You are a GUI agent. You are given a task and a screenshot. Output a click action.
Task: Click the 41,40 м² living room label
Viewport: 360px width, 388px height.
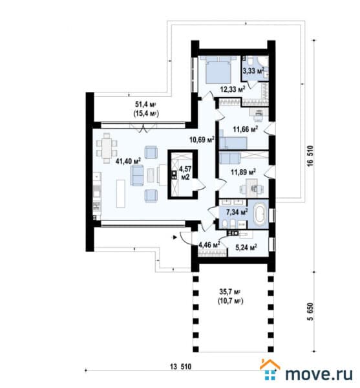[x=128, y=161]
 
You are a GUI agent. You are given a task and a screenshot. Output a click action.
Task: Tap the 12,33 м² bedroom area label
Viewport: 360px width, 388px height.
[x=233, y=89]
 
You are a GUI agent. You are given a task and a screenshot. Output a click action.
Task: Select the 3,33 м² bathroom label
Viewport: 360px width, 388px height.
[x=253, y=71]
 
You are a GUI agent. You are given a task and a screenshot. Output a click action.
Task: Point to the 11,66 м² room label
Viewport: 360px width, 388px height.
[x=246, y=129]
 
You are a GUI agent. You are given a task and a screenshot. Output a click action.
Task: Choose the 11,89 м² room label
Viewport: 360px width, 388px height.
[x=243, y=172]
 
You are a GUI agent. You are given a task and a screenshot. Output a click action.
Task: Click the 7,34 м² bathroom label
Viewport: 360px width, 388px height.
[x=237, y=212]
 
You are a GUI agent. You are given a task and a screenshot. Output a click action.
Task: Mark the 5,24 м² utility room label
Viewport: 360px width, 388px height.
[x=246, y=247]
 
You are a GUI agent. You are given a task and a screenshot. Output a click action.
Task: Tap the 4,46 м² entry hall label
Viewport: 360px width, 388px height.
[x=209, y=245]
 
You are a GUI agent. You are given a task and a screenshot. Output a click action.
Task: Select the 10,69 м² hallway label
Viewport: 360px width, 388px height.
[x=202, y=140]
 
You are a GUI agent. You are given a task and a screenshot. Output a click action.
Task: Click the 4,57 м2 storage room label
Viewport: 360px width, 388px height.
[x=185, y=173]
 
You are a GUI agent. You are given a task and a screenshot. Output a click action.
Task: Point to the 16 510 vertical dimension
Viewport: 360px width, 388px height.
[x=310, y=156]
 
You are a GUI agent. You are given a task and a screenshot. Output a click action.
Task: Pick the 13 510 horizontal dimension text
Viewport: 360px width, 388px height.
[x=181, y=367]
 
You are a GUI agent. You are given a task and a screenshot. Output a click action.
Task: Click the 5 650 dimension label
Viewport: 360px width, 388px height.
[x=310, y=312]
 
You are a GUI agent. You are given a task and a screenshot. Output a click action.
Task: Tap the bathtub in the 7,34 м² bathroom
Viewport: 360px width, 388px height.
[x=259, y=213]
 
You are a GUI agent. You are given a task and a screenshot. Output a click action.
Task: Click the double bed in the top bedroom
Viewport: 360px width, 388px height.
[x=218, y=69]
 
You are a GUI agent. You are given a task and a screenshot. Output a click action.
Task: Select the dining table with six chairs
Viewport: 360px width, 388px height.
[x=107, y=148]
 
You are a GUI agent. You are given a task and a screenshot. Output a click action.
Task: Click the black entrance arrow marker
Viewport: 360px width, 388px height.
[x=175, y=237]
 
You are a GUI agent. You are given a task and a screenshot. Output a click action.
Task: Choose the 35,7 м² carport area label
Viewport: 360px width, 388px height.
[x=230, y=296]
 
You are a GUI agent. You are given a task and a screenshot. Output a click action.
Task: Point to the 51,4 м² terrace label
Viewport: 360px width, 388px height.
[x=146, y=109]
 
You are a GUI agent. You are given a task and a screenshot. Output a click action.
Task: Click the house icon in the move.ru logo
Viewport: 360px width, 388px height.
[x=270, y=369]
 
